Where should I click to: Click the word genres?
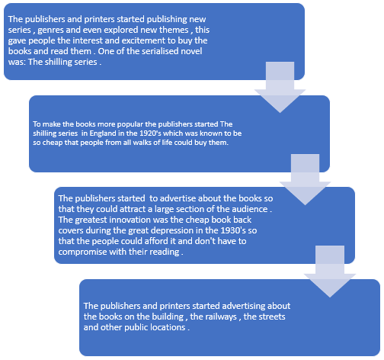[50, 31]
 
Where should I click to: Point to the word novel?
[191, 51]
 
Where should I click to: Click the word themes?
[174, 30]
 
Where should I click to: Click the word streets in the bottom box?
[271, 317]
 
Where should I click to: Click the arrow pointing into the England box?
[280, 87]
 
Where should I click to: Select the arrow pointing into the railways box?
[330, 272]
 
